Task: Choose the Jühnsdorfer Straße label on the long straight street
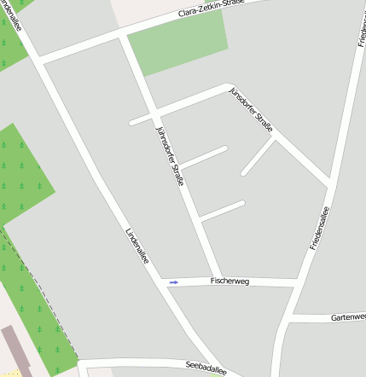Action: (x=171, y=157)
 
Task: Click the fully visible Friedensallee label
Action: (x=319, y=228)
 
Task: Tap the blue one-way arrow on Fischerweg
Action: (x=174, y=282)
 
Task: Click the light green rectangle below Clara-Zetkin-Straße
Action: (x=179, y=43)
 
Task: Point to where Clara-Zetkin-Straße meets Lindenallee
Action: (x=38, y=61)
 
